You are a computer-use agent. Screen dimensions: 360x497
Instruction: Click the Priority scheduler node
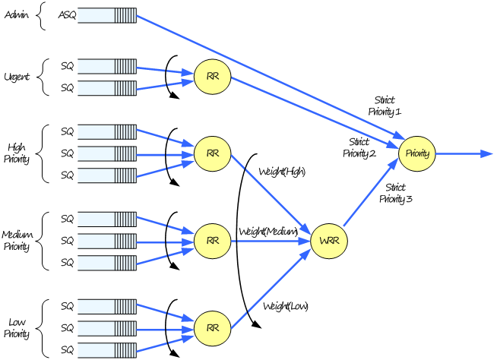(x=416, y=153)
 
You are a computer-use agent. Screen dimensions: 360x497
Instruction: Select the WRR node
(x=329, y=241)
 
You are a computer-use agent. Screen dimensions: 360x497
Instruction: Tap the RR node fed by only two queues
(x=212, y=77)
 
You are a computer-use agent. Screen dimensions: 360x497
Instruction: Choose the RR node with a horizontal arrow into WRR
(x=212, y=241)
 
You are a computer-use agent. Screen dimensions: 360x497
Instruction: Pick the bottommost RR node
(x=212, y=328)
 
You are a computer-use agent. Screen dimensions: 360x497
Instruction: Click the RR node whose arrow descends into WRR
(x=212, y=153)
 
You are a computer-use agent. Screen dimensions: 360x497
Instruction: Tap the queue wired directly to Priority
(x=106, y=15)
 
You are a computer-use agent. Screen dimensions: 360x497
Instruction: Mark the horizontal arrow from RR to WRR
(x=270, y=241)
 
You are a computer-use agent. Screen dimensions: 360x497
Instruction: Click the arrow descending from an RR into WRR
(x=270, y=194)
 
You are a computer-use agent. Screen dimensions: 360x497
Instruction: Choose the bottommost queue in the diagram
(x=106, y=350)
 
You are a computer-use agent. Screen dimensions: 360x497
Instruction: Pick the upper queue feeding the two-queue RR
(x=106, y=66)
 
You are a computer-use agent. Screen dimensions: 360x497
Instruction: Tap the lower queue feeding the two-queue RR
(x=106, y=88)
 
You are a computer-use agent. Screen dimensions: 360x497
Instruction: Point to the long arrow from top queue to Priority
(x=266, y=76)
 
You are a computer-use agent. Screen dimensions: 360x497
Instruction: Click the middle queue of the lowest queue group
(x=106, y=329)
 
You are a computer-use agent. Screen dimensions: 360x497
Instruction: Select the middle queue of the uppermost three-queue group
(x=106, y=153)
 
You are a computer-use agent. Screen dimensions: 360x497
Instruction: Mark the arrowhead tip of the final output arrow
(x=492, y=153)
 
